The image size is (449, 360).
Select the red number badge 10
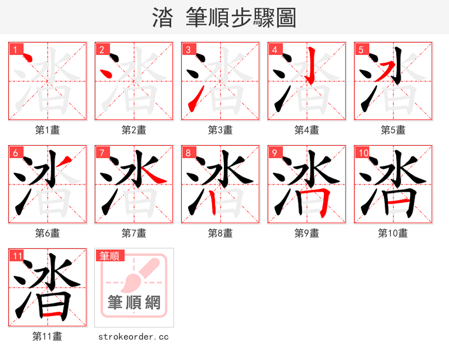click(x=363, y=153)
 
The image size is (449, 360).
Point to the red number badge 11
click(x=17, y=256)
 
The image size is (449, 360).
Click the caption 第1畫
click(x=47, y=130)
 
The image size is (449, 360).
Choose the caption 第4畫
click(x=306, y=130)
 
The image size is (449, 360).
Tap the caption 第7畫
click(x=134, y=233)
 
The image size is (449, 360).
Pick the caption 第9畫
click(x=306, y=233)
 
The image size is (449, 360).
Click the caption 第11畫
click(x=47, y=336)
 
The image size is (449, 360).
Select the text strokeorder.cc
click(x=134, y=337)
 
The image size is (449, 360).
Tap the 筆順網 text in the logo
click(x=134, y=303)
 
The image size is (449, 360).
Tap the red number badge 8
click(x=188, y=153)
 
